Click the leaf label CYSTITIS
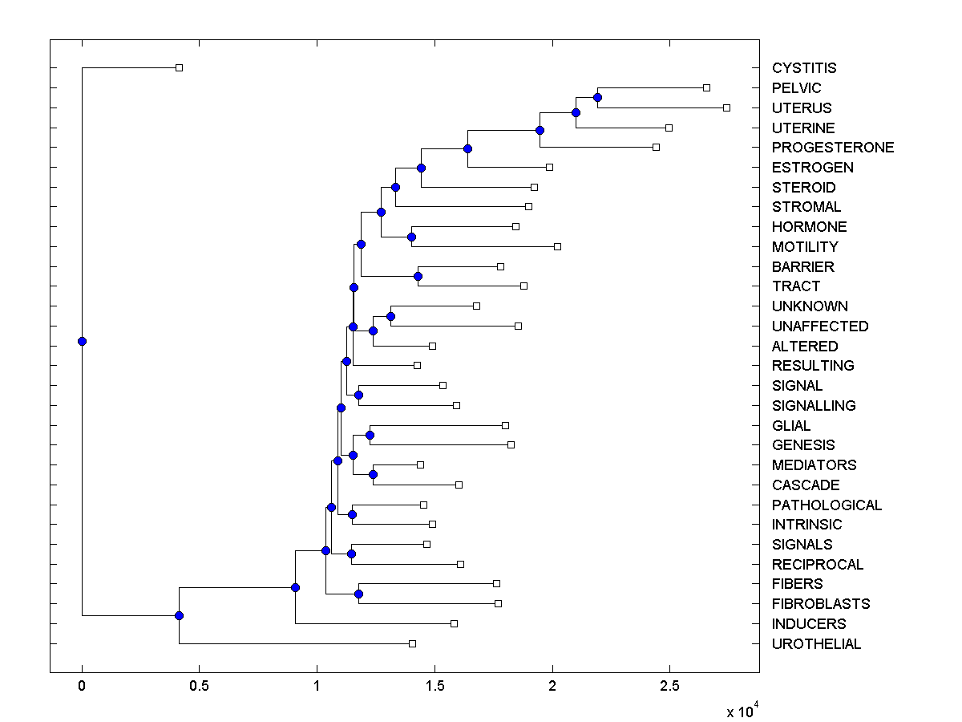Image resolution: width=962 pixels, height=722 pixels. click(804, 68)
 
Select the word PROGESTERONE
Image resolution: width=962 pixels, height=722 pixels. click(833, 148)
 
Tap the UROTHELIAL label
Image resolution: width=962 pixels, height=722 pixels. click(816, 644)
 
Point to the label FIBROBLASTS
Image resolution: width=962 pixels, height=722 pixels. click(821, 604)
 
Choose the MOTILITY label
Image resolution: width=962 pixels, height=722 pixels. click(805, 247)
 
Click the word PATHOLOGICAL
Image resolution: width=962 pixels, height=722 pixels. click(827, 505)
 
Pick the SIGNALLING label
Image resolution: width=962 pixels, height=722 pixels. click(814, 406)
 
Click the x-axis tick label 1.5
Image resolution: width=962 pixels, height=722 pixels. click(435, 687)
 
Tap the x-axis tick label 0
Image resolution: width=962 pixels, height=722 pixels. click(82, 687)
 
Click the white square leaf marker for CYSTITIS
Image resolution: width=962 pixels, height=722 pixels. click(179, 67)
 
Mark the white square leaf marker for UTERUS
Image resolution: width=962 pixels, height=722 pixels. click(726, 107)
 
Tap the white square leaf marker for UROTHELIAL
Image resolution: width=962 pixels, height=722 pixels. click(412, 643)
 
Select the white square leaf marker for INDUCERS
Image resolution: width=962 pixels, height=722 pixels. click(454, 623)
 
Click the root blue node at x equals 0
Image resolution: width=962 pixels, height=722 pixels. click(82, 341)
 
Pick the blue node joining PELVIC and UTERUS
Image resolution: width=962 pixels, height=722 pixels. click(597, 97)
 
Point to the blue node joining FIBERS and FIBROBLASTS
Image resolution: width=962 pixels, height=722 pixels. click(358, 594)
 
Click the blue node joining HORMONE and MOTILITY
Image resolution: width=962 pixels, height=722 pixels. click(411, 237)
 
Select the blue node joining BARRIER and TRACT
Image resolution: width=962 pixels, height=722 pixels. click(418, 276)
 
